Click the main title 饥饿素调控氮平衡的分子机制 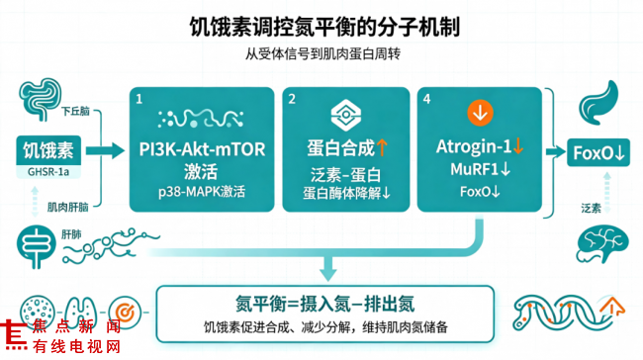[324, 27]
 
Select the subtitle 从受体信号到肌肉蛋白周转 [322, 53]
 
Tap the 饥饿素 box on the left [48, 150]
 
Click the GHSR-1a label [48, 172]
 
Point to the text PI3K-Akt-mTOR [202, 149]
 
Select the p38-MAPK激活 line [202, 192]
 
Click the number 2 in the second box [292, 99]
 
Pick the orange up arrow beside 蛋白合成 [382, 147]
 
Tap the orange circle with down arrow [480, 113]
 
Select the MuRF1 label [475, 169]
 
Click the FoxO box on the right [598, 152]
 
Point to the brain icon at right [602, 244]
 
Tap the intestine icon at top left [40, 99]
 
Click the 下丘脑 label [75, 111]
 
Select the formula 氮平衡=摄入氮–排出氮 [324, 305]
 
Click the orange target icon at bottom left [125, 313]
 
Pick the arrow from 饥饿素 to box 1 [105, 150]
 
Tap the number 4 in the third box [426, 99]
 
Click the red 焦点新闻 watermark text [77, 326]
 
